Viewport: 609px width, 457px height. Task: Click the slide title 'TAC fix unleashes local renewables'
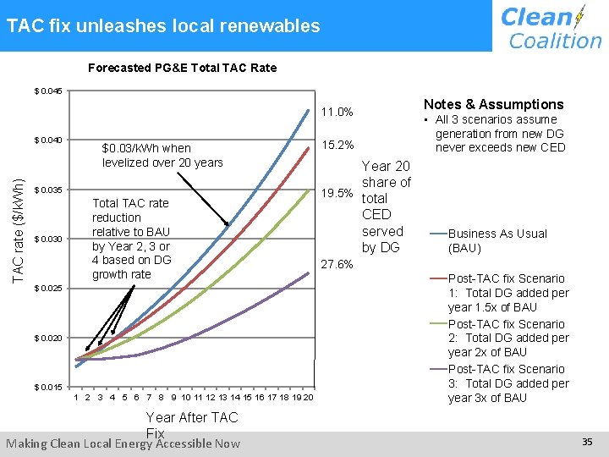click(x=163, y=25)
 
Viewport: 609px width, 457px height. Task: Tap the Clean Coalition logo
click(x=551, y=27)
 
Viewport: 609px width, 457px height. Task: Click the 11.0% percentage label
click(x=337, y=113)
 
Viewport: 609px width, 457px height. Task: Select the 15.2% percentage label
click(x=337, y=145)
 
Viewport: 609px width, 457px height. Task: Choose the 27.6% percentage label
click(x=337, y=264)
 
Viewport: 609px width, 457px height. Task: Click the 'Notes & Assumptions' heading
click(x=493, y=104)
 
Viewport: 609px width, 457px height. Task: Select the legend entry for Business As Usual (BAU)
click(x=497, y=240)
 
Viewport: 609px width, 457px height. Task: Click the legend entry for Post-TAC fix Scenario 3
click(x=507, y=383)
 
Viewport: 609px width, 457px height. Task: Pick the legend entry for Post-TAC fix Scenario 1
click(x=507, y=293)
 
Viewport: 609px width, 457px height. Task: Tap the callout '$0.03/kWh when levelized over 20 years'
click(x=162, y=155)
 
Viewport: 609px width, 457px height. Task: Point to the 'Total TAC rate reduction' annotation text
click(x=130, y=239)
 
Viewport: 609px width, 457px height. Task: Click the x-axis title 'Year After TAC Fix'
click(x=192, y=424)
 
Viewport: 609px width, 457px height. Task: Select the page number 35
click(x=587, y=442)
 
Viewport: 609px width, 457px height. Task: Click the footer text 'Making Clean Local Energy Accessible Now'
click(x=123, y=443)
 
